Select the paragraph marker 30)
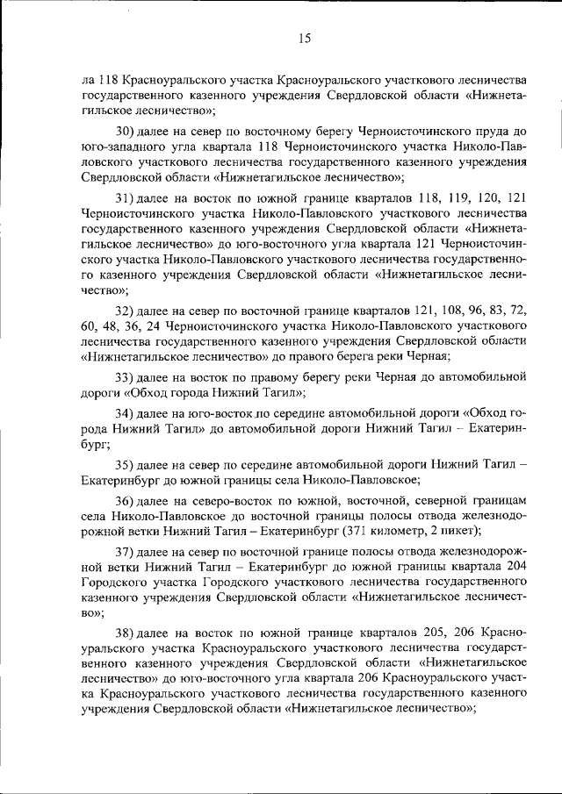tap(124, 130)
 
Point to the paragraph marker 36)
tap(124, 500)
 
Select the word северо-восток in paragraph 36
tap(217, 500)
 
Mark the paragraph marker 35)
tap(124, 462)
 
